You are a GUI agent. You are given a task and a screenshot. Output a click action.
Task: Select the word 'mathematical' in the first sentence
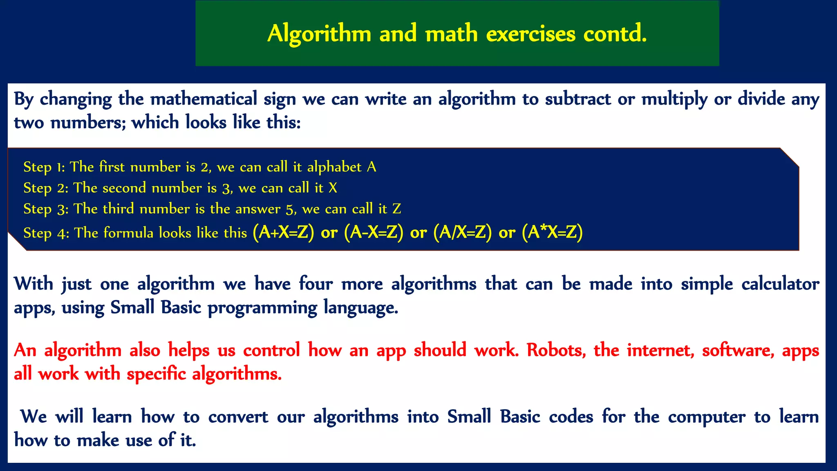(204, 99)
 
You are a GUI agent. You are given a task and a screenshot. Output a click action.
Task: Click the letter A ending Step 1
(371, 167)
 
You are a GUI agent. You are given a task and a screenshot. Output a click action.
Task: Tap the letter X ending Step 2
(333, 188)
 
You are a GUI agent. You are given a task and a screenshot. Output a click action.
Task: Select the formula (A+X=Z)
(283, 232)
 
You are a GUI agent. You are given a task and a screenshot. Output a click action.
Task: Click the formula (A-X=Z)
(374, 232)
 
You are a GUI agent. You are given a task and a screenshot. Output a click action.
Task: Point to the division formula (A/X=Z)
(462, 232)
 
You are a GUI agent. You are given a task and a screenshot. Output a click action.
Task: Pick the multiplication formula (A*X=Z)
(552, 232)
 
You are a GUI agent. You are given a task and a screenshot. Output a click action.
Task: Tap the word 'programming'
(262, 308)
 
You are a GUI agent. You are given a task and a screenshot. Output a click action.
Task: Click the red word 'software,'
(738, 350)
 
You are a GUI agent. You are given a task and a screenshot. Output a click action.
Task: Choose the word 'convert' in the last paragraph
(238, 417)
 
